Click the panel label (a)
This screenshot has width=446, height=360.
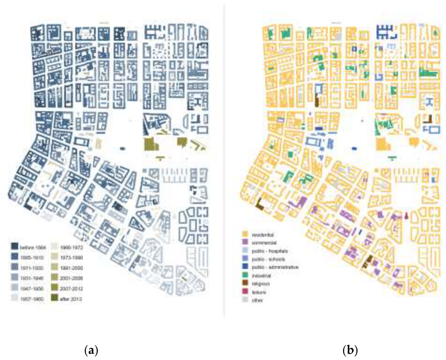91,351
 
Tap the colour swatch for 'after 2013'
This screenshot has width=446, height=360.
55,297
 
